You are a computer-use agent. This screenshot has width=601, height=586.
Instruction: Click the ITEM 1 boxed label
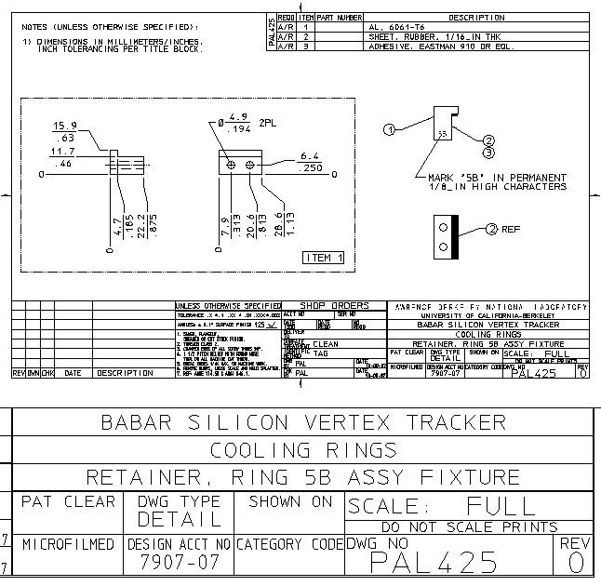click(324, 257)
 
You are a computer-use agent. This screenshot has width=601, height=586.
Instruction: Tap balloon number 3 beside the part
click(487, 152)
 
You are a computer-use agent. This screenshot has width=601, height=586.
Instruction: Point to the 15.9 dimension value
click(64, 126)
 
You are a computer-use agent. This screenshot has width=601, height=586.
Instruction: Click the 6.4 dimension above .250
click(310, 156)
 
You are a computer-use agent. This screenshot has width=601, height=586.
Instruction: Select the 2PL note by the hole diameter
click(269, 123)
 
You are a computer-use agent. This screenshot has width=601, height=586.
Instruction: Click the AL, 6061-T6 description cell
click(393, 27)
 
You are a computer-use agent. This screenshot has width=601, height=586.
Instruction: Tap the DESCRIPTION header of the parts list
click(475, 18)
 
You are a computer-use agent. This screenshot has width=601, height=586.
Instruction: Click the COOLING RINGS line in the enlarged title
click(300, 450)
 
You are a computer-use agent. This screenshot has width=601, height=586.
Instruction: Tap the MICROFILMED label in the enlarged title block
click(69, 543)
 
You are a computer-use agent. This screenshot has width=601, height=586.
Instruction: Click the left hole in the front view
click(232, 164)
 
